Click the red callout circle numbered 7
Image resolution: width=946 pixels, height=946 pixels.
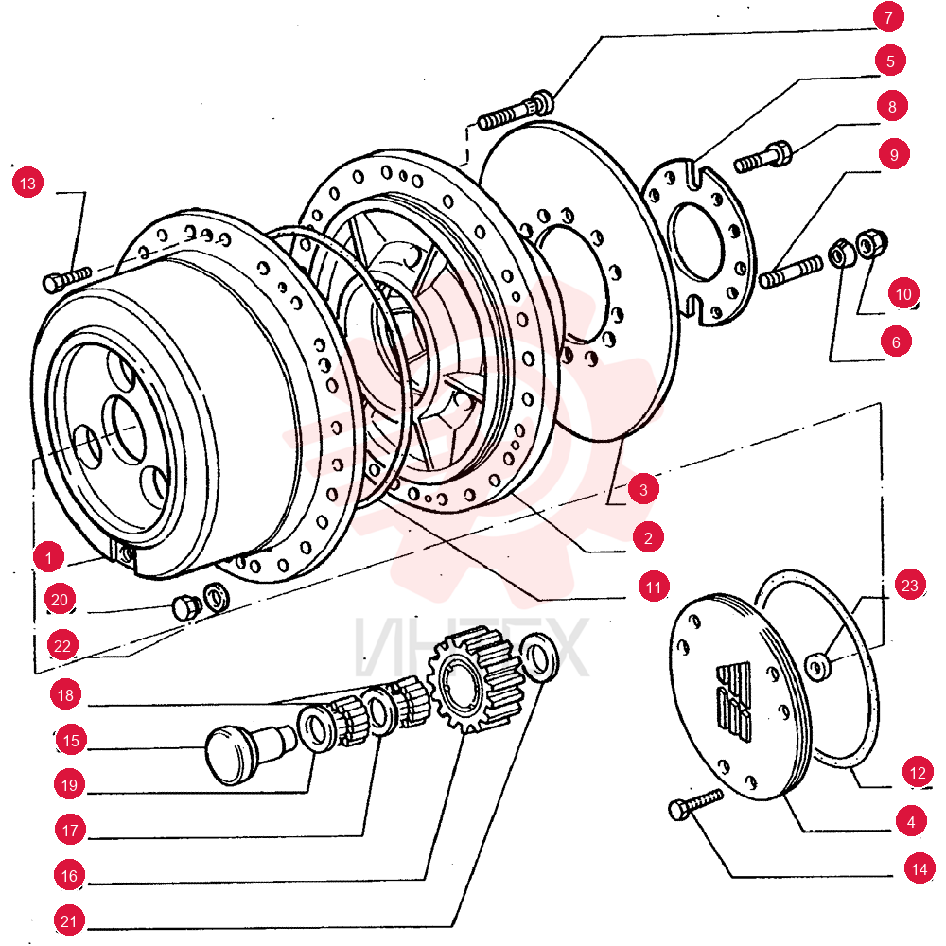(888, 17)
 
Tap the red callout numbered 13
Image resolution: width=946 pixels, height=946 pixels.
(27, 183)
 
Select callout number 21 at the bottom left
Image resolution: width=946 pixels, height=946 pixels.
(69, 920)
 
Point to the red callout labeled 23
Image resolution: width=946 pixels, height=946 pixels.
(909, 585)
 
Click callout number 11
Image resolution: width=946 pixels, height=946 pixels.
(654, 587)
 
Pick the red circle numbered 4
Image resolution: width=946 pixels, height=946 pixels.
(910, 821)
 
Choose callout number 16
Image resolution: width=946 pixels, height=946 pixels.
(69, 875)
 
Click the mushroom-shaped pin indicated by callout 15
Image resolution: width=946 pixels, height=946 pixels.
(251, 752)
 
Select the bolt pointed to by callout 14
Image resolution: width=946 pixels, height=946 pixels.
(695, 804)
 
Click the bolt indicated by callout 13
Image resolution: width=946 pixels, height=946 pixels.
(66, 279)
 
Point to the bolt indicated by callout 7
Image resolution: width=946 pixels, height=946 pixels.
(516, 110)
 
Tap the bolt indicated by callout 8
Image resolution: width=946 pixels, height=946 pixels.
(763, 157)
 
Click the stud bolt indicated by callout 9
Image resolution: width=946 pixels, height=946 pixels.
(791, 272)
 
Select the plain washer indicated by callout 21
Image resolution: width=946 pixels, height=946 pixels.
(539, 657)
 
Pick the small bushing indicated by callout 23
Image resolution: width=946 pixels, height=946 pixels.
(818, 666)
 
